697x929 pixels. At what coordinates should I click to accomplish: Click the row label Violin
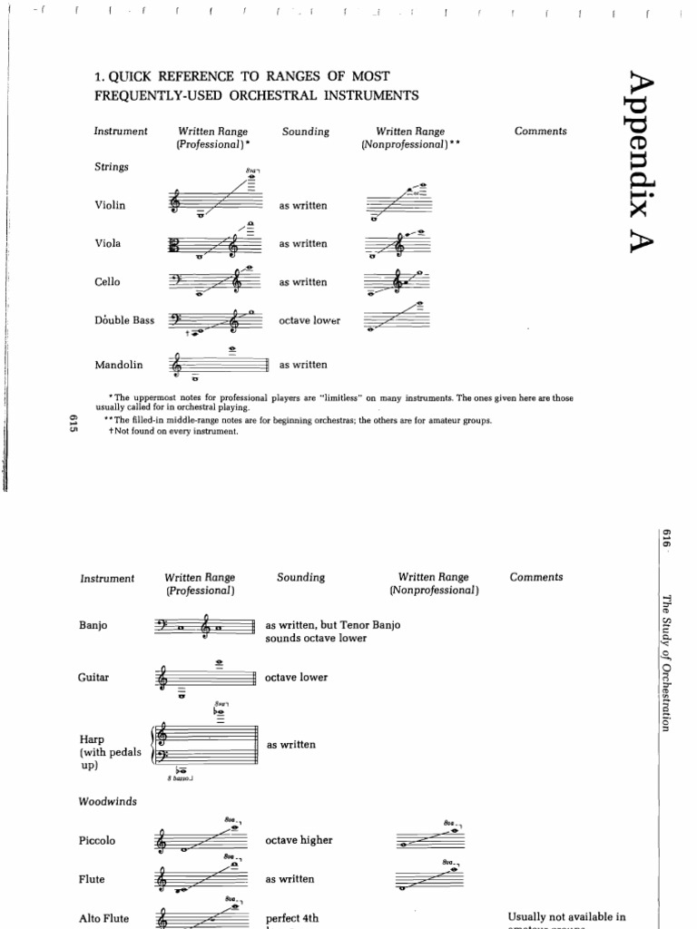(x=110, y=205)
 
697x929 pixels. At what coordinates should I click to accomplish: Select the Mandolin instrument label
(x=119, y=365)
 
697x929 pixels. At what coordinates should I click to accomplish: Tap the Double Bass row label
(x=124, y=320)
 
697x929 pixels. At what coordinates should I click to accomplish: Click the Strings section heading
(x=111, y=167)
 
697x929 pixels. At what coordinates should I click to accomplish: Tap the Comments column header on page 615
(x=540, y=132)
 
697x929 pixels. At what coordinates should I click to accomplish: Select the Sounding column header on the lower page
(x=300, y=578)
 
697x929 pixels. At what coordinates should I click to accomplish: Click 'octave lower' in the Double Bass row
(x=309, y=321)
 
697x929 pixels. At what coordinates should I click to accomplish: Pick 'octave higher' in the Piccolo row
(x=299, y=840)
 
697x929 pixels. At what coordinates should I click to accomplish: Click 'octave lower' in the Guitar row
(x=297, y=678)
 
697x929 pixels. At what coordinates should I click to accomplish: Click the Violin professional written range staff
(x=216, y=201)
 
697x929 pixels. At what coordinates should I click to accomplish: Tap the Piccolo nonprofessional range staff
(x=430, y=838)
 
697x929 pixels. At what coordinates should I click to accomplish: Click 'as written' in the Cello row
(x=303, y=282)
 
